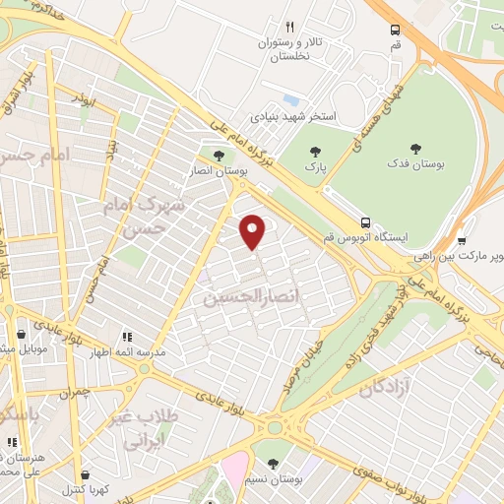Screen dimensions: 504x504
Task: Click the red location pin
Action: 254,231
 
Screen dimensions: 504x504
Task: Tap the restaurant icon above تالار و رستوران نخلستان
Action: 289,28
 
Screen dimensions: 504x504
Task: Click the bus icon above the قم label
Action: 395,30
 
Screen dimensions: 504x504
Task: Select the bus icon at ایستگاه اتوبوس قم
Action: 365,222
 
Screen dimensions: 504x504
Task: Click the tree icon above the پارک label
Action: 315,152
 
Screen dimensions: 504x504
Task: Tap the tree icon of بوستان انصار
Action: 219,155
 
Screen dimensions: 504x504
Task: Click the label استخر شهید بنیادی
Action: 294,116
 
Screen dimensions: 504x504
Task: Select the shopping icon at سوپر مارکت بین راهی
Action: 462,239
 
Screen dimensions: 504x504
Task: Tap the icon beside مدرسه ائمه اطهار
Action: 126,336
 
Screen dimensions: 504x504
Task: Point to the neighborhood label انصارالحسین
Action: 242,295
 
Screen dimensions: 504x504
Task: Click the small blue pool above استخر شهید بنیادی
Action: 289,99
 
